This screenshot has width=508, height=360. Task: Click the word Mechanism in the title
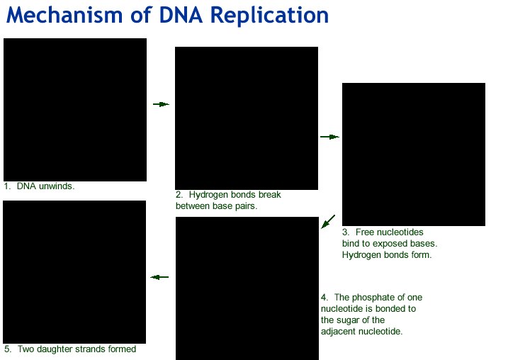pos(64,15)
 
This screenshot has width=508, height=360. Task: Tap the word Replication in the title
pos(269,16)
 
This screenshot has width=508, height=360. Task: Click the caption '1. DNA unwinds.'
pos(39,186)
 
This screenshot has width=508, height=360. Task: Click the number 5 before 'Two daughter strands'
pos(7,349)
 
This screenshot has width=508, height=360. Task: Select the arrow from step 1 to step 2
pos(161,104)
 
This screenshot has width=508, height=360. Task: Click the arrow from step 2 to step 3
pos(329,137)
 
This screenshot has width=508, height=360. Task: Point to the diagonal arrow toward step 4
pos(328,222)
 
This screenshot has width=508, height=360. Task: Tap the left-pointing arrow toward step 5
pos(159,277)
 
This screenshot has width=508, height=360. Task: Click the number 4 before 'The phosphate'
pos(324,298)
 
